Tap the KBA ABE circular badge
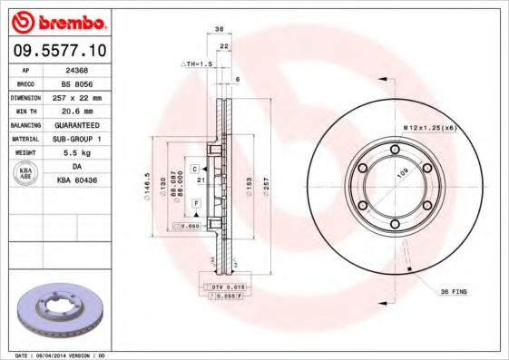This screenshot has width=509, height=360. pyautogui.click(x=26, y=172)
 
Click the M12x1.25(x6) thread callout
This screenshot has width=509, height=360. pyautogui.click(x=429, y=129)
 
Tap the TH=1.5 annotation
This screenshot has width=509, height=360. pyautogui.click(x=196, y=64)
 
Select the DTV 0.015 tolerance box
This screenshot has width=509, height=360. pyautogui.click(x=220, y=287)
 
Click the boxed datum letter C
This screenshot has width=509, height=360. pyautogui.click(x=195, y=169)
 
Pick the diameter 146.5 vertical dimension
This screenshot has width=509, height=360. pyautogui.click(x=146, y=187)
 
